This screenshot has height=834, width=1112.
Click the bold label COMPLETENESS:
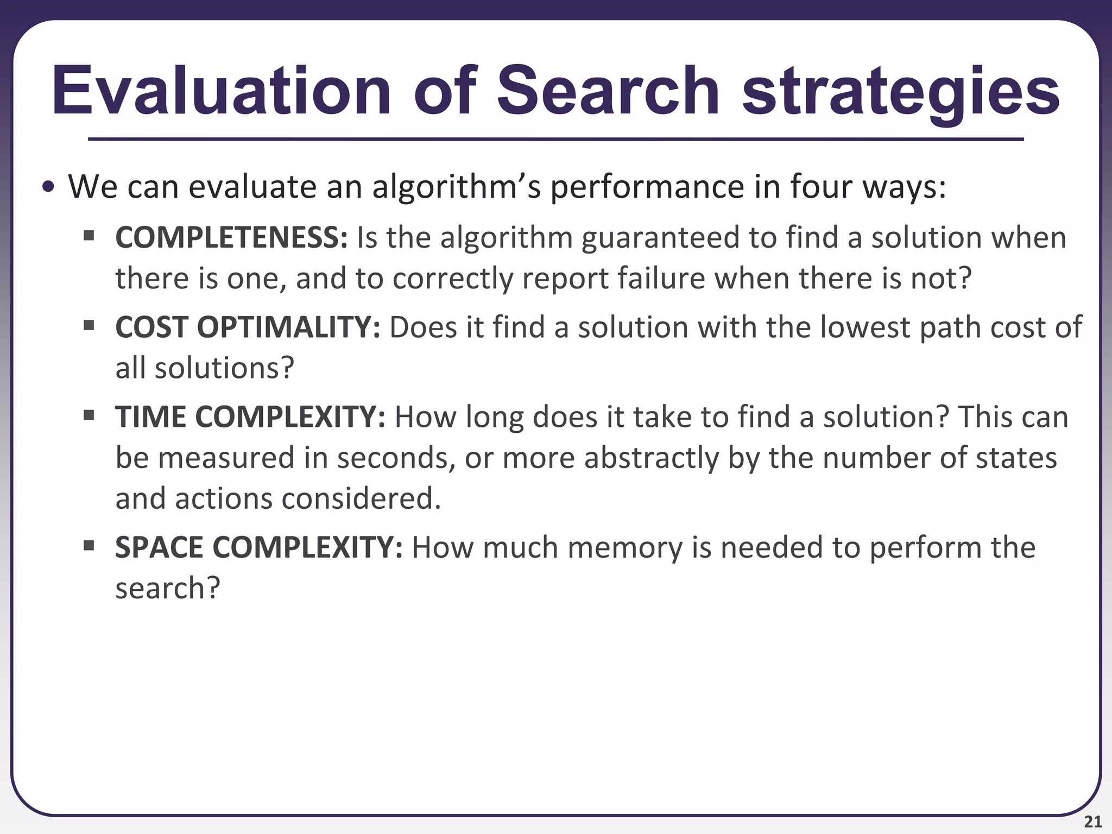(x=231, y=238)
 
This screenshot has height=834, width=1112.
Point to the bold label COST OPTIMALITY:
(x=248, y=327)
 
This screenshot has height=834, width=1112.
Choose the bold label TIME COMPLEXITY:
(x=250, y=417)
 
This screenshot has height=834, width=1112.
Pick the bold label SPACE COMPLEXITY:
(x=258, y=547)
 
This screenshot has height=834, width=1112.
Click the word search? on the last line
(x=168, y=588)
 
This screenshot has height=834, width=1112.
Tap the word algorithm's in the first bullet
(x=456, y=187)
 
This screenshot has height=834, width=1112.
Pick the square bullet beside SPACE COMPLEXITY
(x=89, y=544)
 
